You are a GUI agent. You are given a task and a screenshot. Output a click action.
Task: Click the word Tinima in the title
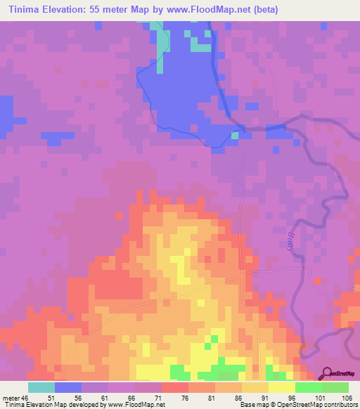[27, 10]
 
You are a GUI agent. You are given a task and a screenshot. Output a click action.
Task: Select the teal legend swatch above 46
[41, 387]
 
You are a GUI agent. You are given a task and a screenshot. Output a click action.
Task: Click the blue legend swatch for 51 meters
[67, 387]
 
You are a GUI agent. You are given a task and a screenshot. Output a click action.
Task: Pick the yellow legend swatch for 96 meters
[281, 387]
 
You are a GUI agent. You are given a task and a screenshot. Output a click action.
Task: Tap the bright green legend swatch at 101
[308, 387]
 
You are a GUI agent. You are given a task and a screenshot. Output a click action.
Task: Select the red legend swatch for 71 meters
[174, 387]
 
